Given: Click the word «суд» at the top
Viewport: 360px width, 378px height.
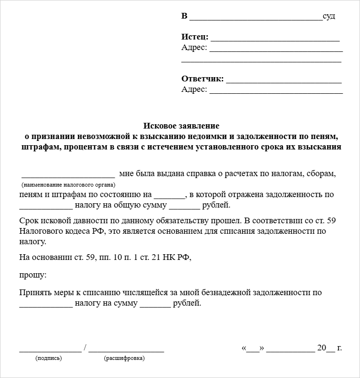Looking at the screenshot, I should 329,17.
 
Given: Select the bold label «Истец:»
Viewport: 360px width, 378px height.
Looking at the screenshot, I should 195,37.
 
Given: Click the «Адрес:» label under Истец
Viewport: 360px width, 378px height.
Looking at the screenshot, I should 194,48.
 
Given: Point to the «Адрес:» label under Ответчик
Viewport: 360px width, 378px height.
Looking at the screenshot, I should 194,90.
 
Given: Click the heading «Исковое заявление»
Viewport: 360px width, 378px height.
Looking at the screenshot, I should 181,126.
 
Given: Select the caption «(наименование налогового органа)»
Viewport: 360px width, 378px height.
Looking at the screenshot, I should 69,184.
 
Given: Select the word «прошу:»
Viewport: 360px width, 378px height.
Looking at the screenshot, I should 33,275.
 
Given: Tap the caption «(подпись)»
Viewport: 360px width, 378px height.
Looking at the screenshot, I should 49,358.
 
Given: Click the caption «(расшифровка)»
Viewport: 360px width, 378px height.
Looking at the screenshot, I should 124,358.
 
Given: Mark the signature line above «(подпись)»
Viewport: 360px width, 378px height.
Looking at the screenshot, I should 50,350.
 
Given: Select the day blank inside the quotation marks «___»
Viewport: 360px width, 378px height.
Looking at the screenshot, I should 253,349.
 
